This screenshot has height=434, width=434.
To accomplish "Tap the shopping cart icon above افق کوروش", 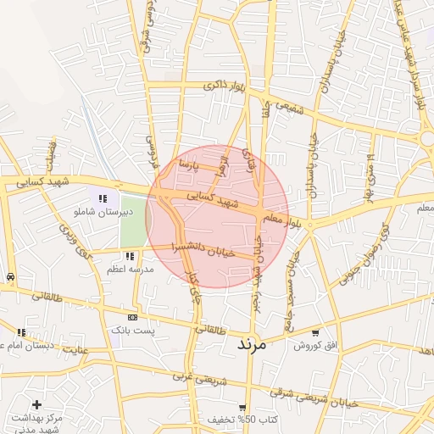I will coord(315,333).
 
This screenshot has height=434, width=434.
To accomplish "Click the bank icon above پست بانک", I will coord(131,317).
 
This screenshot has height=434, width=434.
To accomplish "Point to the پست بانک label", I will coord(137,329).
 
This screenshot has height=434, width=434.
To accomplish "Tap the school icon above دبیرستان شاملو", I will coord(103,198).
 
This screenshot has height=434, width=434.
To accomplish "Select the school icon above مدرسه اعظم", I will coord(128,255).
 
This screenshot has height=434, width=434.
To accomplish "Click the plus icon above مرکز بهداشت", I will coord(36,405).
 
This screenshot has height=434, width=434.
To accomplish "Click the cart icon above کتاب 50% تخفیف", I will coord(242,408).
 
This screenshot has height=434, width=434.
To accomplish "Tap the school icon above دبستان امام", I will coord(21,332).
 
